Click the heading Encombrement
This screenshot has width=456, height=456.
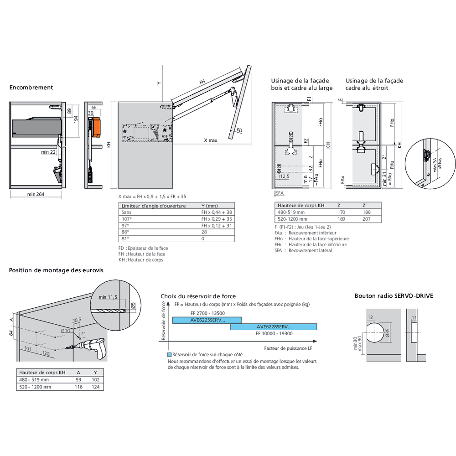(x=31, y=88)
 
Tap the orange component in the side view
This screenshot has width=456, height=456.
(x=96, y=128)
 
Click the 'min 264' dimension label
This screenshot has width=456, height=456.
(x=36, y=194)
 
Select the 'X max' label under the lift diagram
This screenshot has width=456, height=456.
(x=210, y=140)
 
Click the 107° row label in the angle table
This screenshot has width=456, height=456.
(x=125, y=219)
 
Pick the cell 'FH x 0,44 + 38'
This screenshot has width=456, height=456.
(x=217, y=212)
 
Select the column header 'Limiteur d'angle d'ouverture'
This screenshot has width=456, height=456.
(x=153, y=206)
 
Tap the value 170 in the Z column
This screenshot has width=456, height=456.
(x=341, y=212)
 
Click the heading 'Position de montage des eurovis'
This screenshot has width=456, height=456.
(x=56, y=270)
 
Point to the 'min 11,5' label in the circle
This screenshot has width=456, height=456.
(x=108, y=297)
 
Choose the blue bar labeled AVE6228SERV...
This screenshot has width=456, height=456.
(x=274, y=326)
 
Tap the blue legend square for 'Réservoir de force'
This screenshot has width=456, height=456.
(x=169, y=354)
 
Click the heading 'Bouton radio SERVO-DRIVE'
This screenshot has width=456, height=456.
(x=394, y=296)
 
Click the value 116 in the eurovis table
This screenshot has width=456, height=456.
(x=78, y=387)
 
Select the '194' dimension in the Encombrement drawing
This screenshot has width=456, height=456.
(x=77, y=119)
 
